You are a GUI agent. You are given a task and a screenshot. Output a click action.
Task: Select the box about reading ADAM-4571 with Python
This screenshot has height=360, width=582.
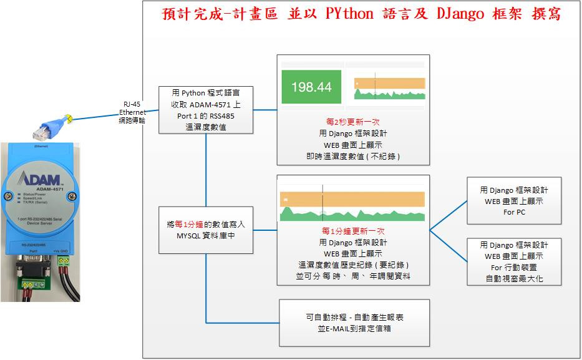[206, 110]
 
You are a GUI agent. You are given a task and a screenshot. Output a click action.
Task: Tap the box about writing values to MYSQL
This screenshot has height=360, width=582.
[206, 230]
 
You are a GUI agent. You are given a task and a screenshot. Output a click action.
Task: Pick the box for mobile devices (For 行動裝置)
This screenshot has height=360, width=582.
[515, 261]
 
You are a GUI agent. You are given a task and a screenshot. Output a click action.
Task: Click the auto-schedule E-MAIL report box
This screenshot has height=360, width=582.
[354, 323]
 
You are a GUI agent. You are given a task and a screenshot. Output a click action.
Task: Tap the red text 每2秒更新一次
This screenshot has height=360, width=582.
[354, 122]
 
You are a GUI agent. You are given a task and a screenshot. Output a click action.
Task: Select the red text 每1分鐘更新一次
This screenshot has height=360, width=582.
[354, 231]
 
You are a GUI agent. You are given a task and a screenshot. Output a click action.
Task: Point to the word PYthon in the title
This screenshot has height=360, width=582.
[349, 14]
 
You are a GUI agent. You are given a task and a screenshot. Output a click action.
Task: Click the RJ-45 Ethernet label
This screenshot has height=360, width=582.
[132, 112]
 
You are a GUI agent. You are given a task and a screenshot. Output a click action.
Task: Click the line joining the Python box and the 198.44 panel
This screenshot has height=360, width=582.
[265, 110]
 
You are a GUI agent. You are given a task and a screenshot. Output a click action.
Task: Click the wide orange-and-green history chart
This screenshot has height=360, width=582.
[353, 206]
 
